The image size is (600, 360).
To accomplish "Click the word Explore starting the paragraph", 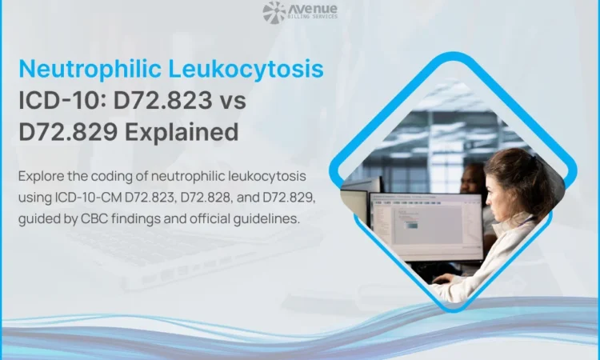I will click(x=41, y=176).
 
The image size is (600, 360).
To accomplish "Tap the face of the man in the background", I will click(x=474, y=179).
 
